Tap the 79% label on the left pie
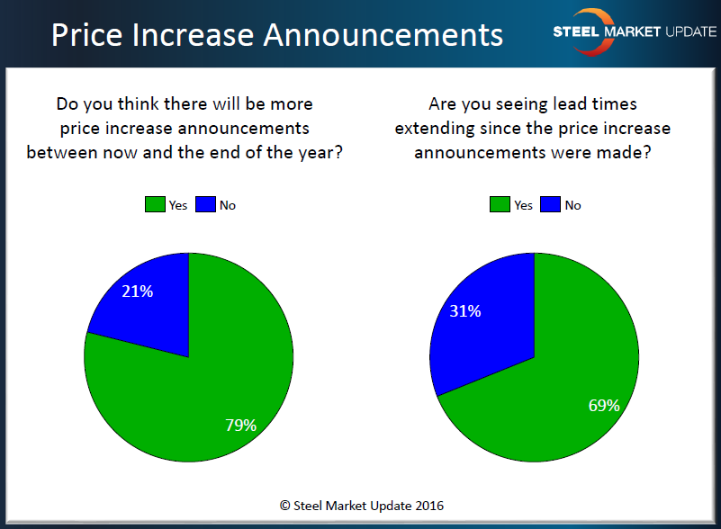point(242,425)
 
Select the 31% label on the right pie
point(466,311)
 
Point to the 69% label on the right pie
point(605,405)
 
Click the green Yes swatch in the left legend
point(154,205)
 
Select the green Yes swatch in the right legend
point(499,205)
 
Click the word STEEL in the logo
point(576,31)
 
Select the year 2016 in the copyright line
point(428,506)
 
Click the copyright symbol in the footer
point(284,506)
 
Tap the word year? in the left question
point(322,151)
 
